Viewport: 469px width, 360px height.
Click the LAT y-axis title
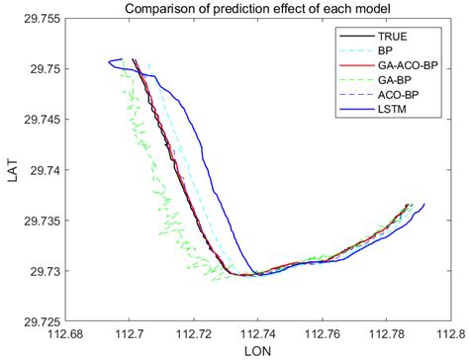pos(13,169)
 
